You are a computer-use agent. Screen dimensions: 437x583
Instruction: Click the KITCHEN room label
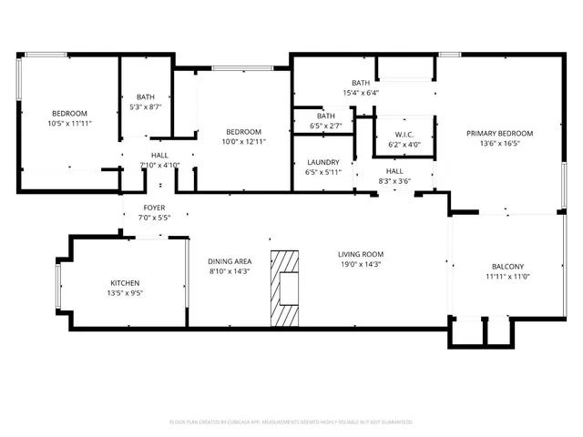point(127,282)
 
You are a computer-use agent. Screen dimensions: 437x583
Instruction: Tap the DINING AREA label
point(229,260)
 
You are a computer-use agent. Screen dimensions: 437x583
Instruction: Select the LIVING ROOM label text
point(360,254)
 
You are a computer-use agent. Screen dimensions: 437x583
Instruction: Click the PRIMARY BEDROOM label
point(499,133)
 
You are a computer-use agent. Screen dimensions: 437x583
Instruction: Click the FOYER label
point(153,208)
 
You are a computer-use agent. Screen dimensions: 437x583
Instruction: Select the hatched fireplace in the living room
point(285,287)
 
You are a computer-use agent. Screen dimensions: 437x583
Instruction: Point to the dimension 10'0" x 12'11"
point(244,141)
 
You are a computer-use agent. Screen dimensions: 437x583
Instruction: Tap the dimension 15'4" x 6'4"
point(361,92)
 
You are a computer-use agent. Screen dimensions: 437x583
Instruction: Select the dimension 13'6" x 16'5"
point(499,143)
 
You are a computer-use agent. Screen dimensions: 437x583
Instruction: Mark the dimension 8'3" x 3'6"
point(394,181)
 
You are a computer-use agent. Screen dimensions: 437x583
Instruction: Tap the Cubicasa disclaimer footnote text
point(291,422)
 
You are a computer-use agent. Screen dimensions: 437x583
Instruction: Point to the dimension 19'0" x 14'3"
point(360,265)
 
